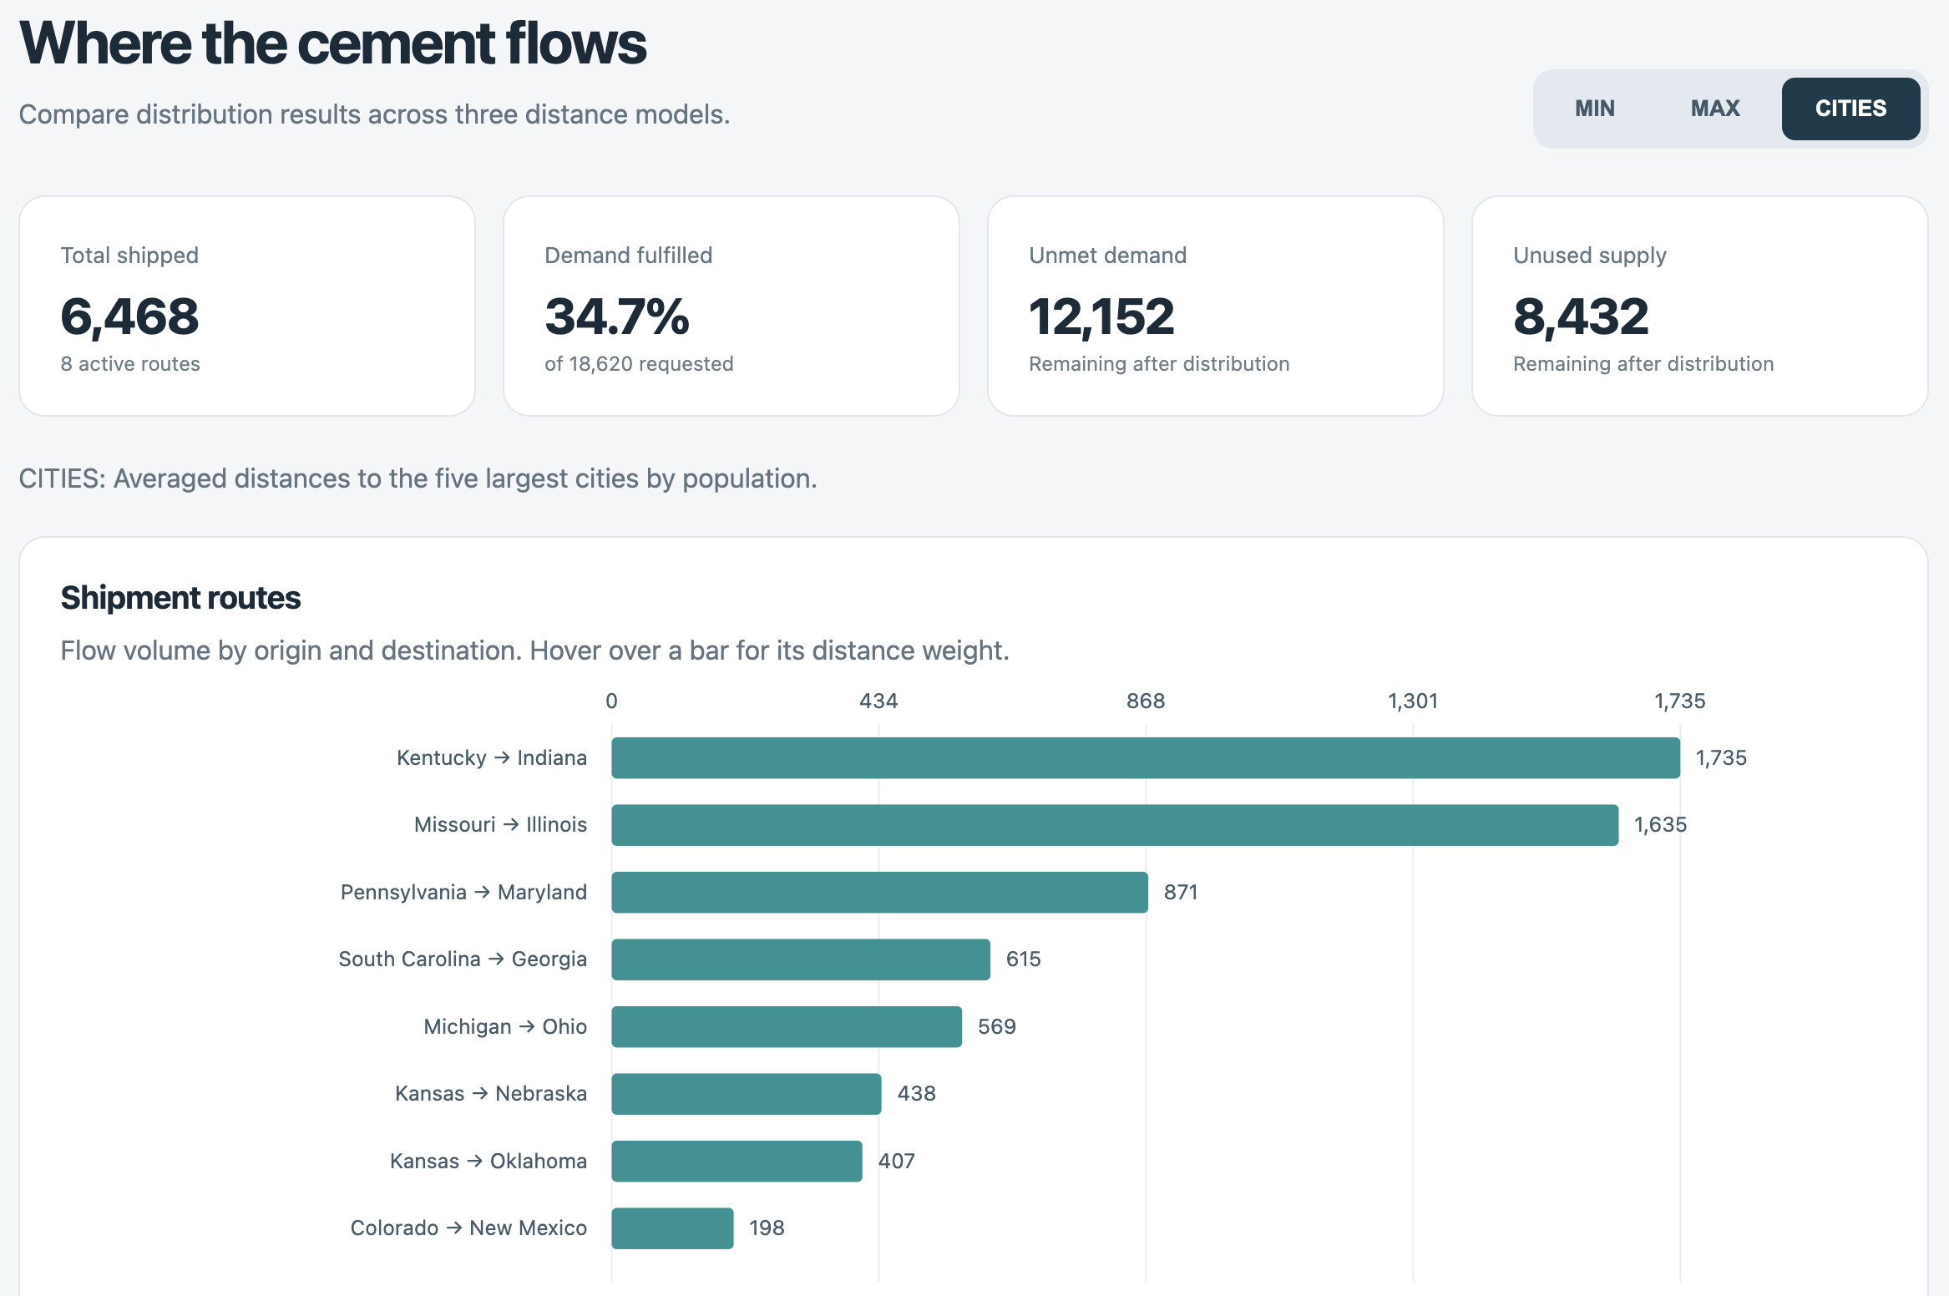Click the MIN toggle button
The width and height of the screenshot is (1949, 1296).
1594,109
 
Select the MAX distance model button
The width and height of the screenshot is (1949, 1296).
1715,109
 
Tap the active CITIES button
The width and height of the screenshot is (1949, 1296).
1850,109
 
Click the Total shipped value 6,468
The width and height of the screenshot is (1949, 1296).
129,316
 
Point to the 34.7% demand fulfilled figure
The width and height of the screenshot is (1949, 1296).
617,316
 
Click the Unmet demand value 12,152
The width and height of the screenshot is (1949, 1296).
1101,316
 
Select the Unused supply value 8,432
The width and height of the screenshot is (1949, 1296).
1581,316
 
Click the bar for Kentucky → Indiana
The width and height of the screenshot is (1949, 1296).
1146,757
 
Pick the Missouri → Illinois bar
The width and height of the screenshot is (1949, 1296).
1115,825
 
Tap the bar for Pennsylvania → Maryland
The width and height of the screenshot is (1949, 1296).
879,892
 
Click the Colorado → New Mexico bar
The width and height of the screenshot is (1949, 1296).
672,1228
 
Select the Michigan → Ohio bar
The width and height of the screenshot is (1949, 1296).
787,1026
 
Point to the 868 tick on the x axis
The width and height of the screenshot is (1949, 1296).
1146,701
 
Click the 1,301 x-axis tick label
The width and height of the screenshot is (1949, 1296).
1413,701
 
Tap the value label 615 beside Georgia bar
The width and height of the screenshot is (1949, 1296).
1023,959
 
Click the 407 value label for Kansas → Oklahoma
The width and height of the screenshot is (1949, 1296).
896,1161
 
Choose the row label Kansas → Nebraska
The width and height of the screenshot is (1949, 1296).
491,1093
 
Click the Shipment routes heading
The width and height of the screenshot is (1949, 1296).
180,598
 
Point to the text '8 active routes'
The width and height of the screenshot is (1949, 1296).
130,364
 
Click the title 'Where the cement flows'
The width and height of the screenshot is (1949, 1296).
332,43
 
